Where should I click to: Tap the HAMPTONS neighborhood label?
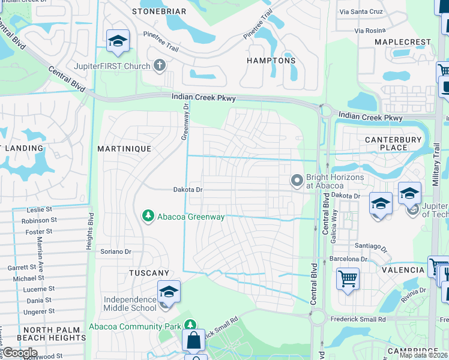click(x=271, y=61)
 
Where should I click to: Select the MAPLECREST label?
click(x=402, y=42)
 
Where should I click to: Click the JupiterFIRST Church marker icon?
click(x=160, y=65)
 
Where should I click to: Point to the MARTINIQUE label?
click(x=124, y=148)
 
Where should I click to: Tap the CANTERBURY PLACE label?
click(x=394, y=143)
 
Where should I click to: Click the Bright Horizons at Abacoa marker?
click(x=297, y=180)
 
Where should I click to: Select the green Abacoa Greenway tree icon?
click(x=146, y=215)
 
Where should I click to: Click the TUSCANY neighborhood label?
click(x=149, y=272)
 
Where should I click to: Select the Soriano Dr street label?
click(x=116, y=251)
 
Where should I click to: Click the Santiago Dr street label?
click(x=369, y=246)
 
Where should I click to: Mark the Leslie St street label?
click(x=41, y=210)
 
